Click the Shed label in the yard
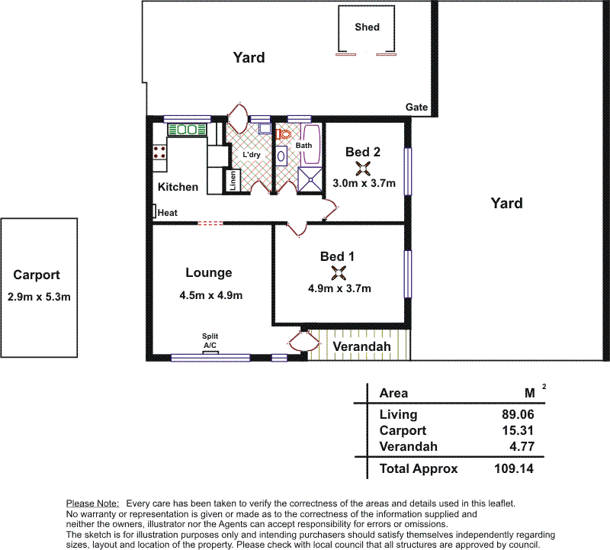click(367, 27)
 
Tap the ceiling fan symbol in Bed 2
click(363, 169)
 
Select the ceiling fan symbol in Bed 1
click(339, 273)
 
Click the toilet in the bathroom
click(284, 134)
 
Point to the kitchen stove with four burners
click(159, 153)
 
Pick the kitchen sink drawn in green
click(187, 130)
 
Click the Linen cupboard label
click(233, 181)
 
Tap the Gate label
click(416, 107)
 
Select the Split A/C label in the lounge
click(210, 340)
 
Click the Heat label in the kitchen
click(167, 213)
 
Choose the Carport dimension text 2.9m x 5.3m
click(39, 297)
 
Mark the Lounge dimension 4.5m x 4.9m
click(211, 295)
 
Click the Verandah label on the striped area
click(361, 346)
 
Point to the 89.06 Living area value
click(518, 414)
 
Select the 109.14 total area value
click(513, 468)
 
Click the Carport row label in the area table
click(403, 430)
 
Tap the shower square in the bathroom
click(310, 180)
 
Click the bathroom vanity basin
click(281, 156)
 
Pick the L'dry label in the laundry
click(252, 155)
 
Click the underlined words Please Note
click(92, 503)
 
